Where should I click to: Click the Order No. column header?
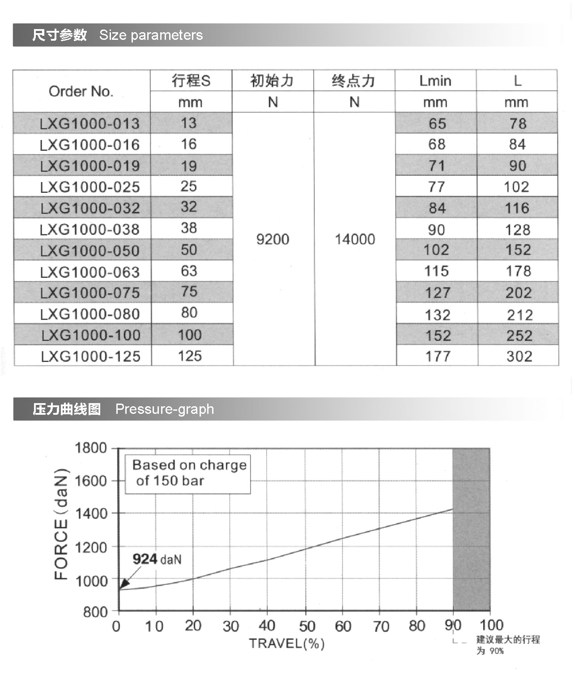click(81, 91)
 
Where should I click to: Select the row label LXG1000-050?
click(90, 251)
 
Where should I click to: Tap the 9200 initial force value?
click(273, 239)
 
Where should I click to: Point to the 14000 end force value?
click(355, 239)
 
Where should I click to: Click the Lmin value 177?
click(437, 356)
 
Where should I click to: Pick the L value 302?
click(519, 356)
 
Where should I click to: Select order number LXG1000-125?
click(91, 357)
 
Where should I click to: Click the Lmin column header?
click(435, 81)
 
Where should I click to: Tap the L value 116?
click(517, 208)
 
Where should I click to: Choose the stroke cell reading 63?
click(189, 271)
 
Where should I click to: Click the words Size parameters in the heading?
click(151, 35)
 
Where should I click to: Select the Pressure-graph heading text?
click(165, 409)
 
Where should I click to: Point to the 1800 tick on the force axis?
click(91, 448)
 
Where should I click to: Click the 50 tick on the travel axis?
click(307, 626)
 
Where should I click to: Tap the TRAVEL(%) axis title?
click(286, 644)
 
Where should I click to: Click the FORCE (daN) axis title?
click(61, 524)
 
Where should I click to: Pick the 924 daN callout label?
click(157, 559)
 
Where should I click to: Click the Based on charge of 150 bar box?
click(188, 473)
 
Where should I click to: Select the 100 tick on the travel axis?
click(491, 625)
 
